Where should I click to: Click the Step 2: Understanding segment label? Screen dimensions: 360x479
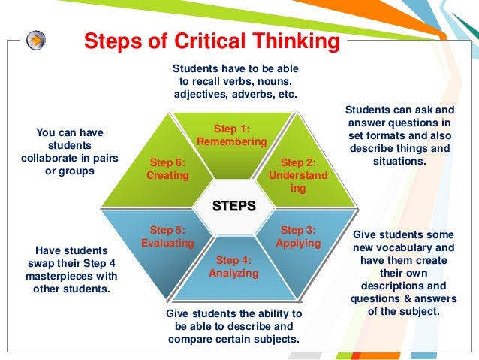pyautogui.click(x=298, y=175)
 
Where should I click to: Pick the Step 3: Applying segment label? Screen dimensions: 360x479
pyautogui.click(x=298, y=237)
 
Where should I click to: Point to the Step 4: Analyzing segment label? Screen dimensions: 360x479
pyautogui.click(x=233, y=267)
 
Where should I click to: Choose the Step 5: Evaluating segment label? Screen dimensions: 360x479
pyautogui.click(x=167, y=237)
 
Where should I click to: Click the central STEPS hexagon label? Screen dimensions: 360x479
pyautogui.click(x=233, y=204)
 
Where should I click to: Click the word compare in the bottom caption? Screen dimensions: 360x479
pyautogui.click(x=194, y=339)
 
